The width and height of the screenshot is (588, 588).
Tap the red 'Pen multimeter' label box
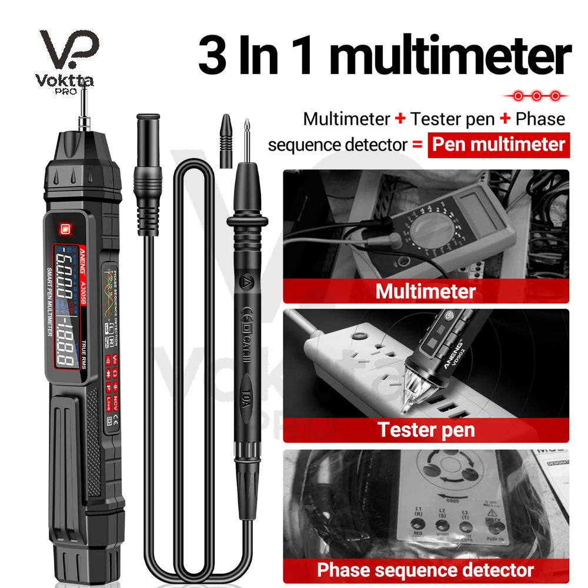(499, 144)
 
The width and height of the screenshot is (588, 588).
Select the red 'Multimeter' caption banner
(426, 290)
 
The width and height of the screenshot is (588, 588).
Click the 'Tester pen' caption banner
(426, 429)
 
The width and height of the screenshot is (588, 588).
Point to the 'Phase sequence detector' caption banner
(426, 569)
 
